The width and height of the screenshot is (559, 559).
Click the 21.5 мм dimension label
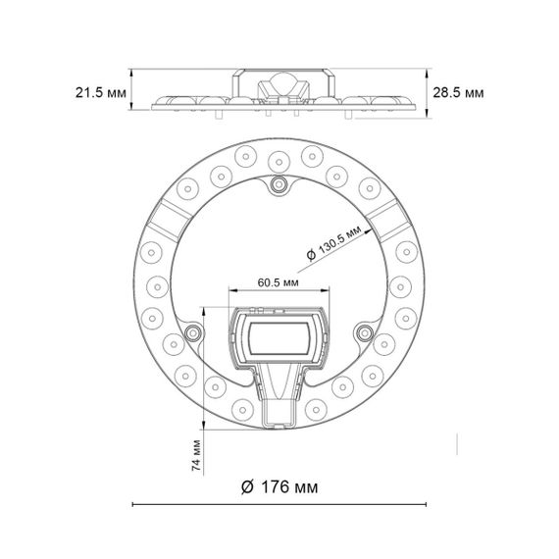click(101, 93)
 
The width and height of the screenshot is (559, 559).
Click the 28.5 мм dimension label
click(458, 93)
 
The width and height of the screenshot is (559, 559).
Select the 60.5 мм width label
click(279, 281)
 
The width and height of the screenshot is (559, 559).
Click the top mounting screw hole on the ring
click(279, 184)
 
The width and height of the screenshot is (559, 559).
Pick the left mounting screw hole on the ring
click(194, 332)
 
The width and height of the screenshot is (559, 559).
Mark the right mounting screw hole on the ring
click(364, 332)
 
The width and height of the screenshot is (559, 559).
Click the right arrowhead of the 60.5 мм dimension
click(329, 290)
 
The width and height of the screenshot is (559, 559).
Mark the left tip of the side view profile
click(155, 106)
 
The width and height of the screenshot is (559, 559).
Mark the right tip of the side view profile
click(405, 106)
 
